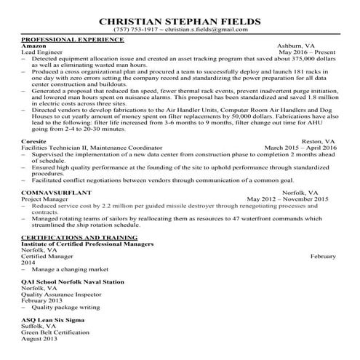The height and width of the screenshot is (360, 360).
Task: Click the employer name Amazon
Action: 35,46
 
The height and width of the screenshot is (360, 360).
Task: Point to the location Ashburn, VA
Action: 317,46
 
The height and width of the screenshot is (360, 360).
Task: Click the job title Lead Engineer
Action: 43,52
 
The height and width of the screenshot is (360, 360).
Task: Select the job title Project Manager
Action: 45,198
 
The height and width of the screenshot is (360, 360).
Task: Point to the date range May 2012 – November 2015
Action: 288,198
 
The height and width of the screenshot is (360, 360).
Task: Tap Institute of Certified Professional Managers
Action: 88,244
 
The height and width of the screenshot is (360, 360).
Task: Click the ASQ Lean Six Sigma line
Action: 53,320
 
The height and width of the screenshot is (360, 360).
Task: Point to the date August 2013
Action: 39,340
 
